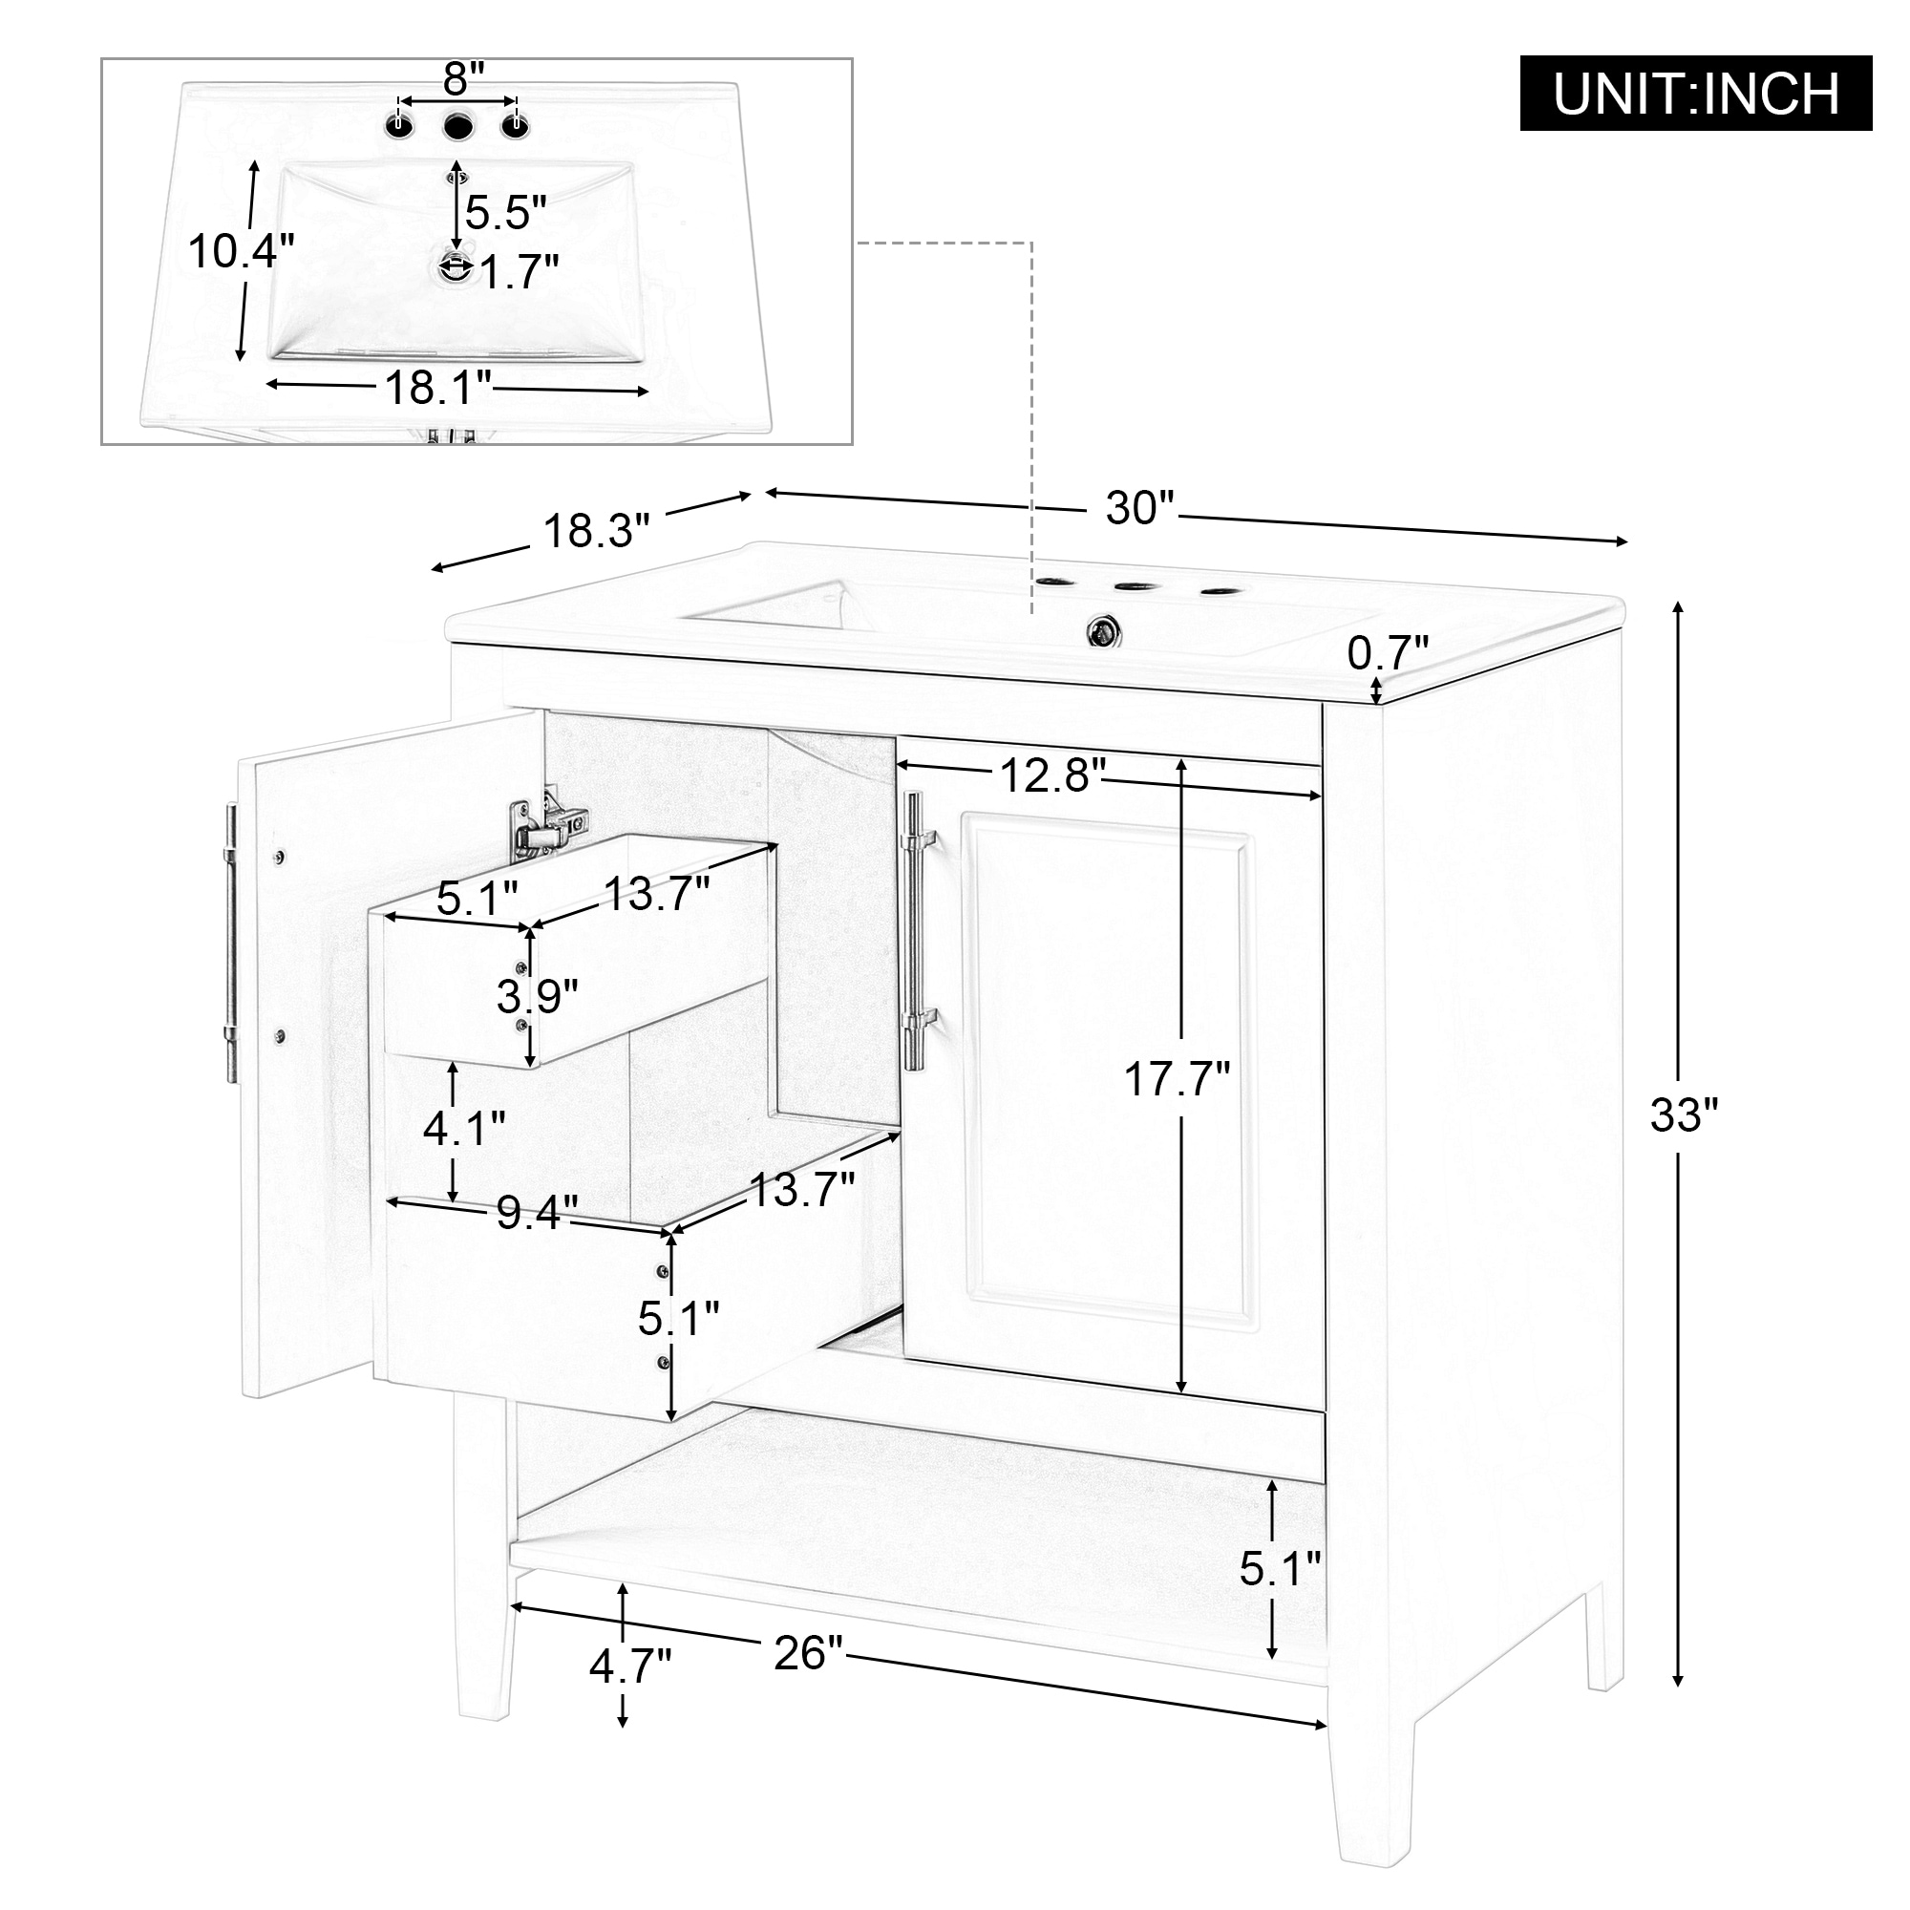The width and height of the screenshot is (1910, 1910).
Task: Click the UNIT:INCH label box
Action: point(1694,94)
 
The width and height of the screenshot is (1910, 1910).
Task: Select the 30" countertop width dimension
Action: point(1139,508)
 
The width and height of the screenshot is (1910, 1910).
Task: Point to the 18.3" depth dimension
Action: point(597,531)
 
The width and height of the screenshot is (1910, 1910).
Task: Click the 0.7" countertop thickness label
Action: point(1388,653)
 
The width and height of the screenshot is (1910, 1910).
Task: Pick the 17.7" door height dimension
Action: point(1177,1078)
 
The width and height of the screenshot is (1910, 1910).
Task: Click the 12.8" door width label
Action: point(1051,775)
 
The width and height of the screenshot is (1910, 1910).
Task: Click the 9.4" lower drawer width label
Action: point(537,1213)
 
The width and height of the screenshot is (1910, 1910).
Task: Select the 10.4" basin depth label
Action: point(242,252)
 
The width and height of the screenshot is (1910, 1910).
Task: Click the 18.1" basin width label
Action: point(438,389)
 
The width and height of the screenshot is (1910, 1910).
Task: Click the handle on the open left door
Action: point(230,944)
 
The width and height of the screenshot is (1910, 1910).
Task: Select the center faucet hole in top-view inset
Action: point(457,127)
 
